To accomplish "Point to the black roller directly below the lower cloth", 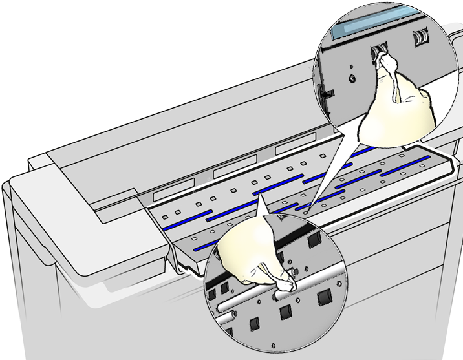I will coord(285,313).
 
